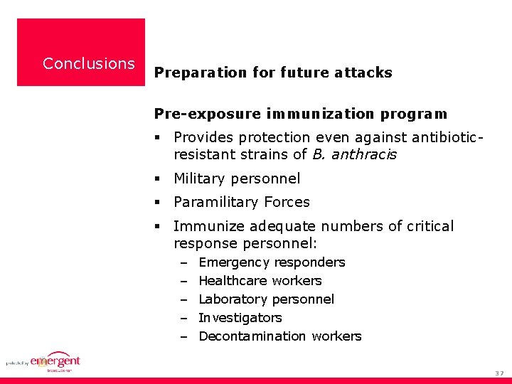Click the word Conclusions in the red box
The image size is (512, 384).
(88, 63)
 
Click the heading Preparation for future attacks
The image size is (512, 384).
(273, 73)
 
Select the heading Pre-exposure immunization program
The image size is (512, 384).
(301, 114)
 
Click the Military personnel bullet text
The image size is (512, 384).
(237, 178)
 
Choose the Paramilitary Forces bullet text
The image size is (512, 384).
(242, 202)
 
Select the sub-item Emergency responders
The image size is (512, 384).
(272, 262)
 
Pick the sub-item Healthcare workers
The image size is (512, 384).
(260, 281)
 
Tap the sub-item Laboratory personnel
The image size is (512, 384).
(266, 299)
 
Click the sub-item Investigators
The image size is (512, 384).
(240, 318)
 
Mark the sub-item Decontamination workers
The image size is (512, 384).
(279, 336)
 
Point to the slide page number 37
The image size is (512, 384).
(498, 373)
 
